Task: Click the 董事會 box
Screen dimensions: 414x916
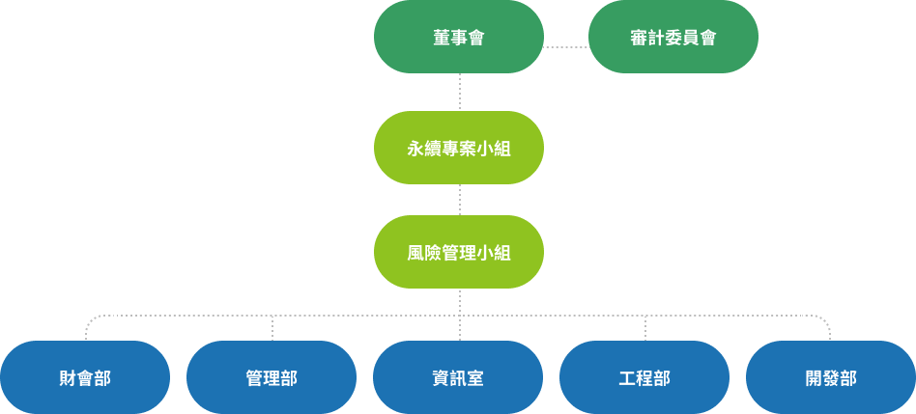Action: click(x=458, y=37)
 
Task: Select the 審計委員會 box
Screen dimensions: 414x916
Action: click(x=673, y=37)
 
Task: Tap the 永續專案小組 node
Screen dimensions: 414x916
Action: click(x=458, y=148)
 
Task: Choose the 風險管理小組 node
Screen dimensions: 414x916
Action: click(x=458, y=252)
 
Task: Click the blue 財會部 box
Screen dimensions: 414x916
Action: click(x=85, y=377)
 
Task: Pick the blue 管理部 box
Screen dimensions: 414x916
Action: click(x=272, y=377)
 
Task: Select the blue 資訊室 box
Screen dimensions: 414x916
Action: click(x=458, y=377)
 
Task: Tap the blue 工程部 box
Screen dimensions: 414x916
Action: click(x=644, y=377)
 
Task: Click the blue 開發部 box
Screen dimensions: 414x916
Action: click(x=831, y=377)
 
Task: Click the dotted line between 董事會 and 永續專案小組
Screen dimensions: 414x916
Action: click(x=459, y=92)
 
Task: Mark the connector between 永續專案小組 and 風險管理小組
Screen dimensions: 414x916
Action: click(x=459, y=200)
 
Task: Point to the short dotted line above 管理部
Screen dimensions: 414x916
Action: click(x=272, y=328)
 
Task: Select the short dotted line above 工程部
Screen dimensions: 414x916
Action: click(x=644, y=328)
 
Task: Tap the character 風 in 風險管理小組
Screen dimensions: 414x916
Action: click(x=415, y=253)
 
